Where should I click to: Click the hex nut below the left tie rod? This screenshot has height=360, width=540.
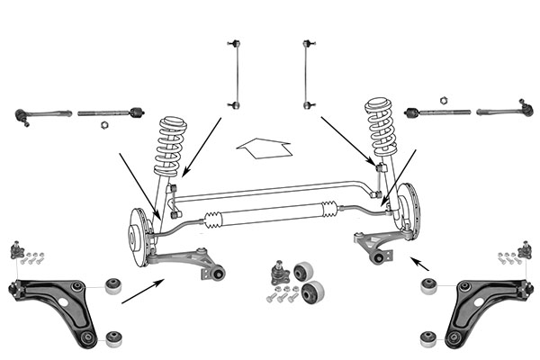tap(102, 124)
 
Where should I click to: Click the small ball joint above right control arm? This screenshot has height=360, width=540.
tap(525, 247)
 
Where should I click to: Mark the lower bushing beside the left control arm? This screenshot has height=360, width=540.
tap(113, 338)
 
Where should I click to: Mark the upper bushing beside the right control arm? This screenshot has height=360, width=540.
tap(428, 286)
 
